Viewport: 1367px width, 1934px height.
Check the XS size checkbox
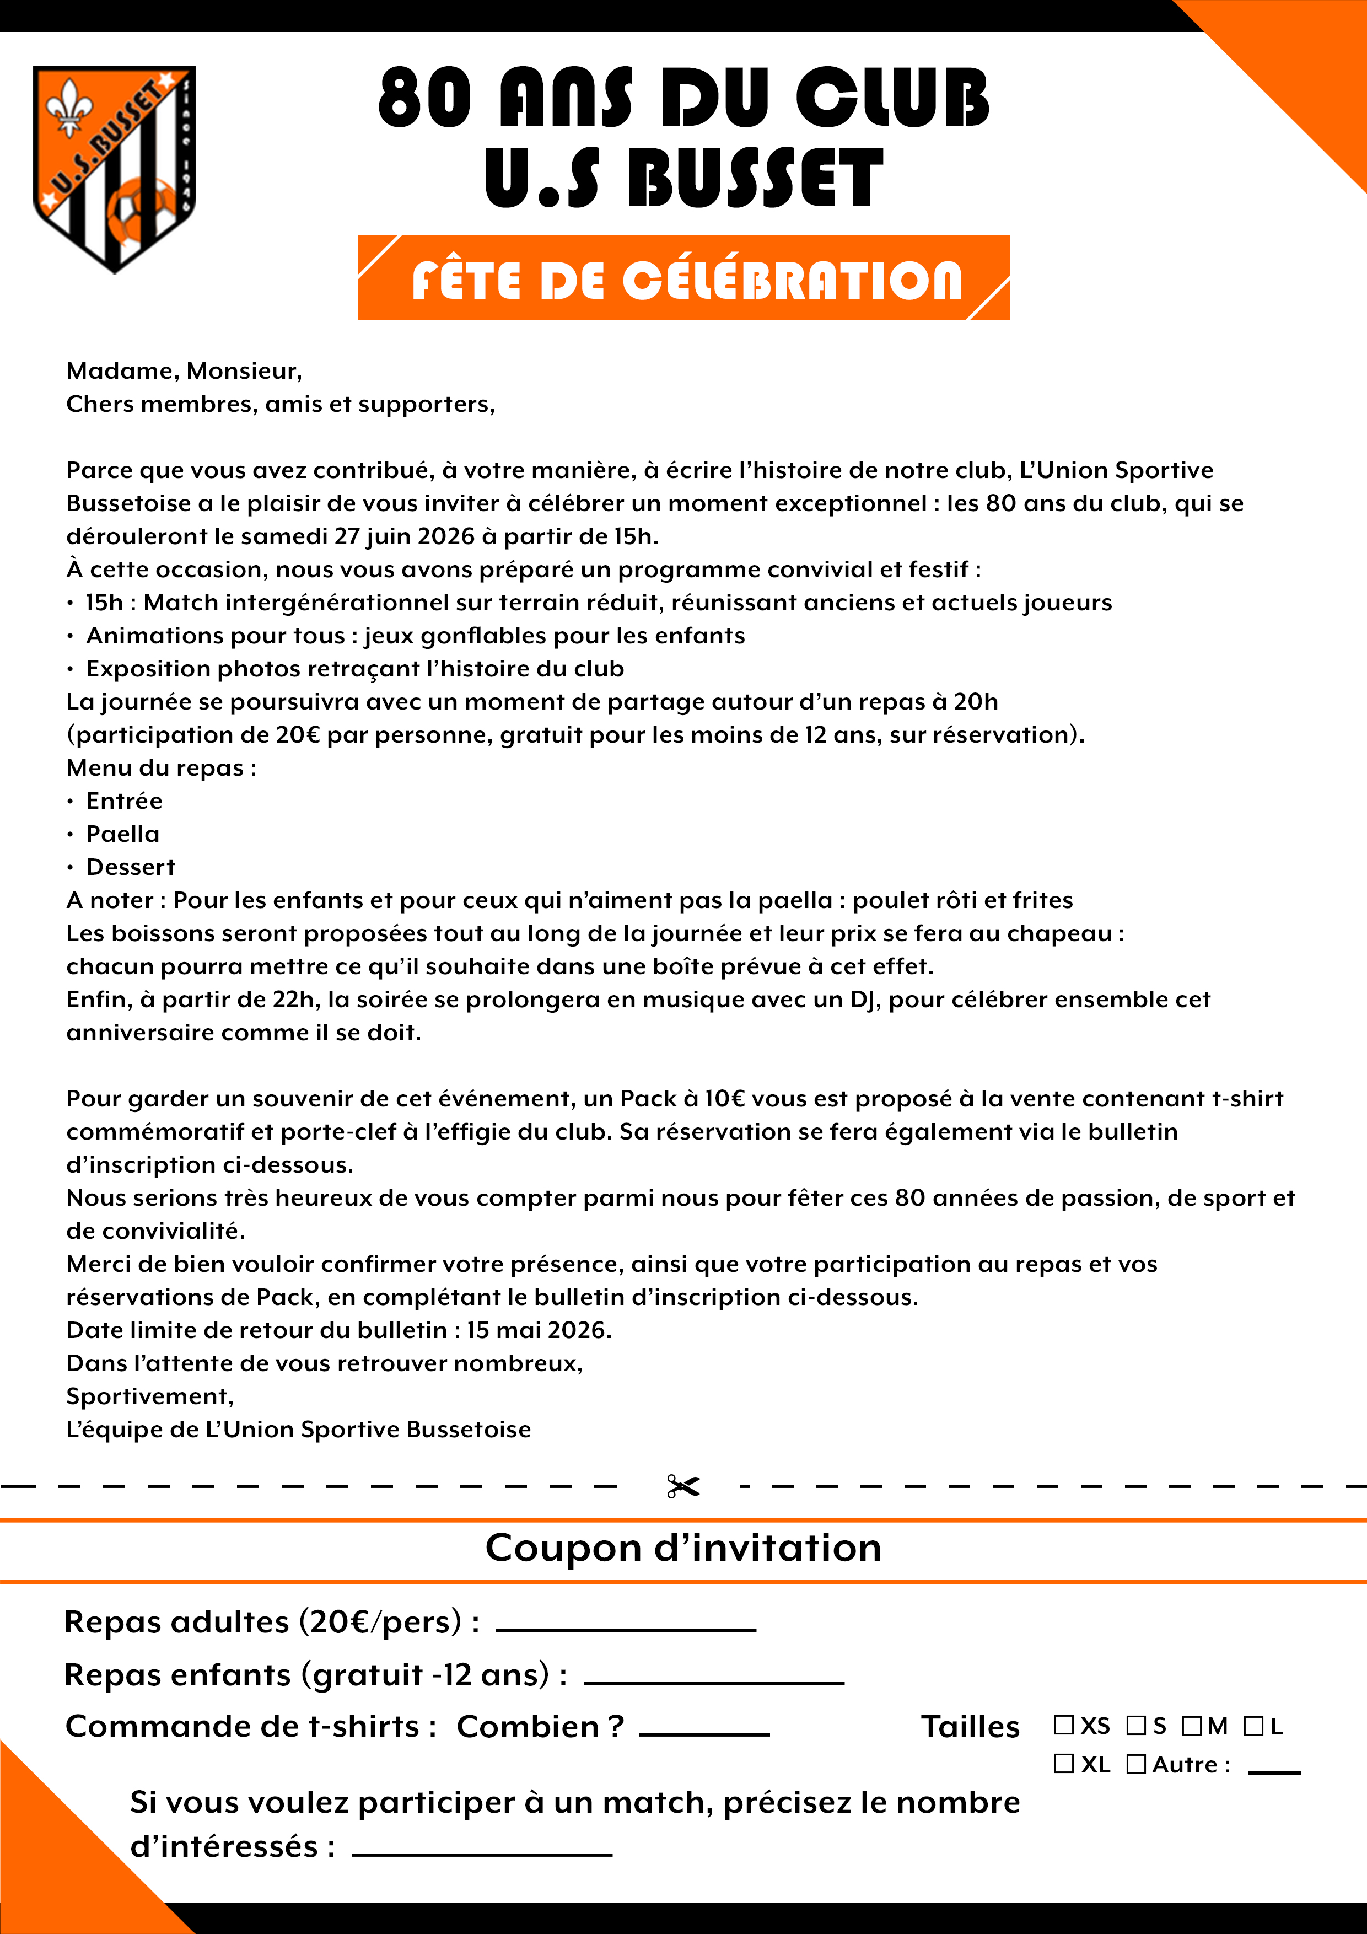[x=1064, y=1726]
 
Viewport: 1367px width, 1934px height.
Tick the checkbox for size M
[x=1191, y=1726]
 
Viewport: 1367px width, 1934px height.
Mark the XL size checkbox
[x=1064, y=1764]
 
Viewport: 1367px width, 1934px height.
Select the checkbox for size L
[x=1253, y=1726]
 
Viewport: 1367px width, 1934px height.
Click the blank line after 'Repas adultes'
[x=626, y=1629]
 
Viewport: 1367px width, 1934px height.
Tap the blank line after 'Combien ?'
[x=704, y=1733]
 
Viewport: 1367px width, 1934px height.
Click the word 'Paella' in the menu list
[x=122, y=834]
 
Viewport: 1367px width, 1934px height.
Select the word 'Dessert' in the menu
[x=131, y=867]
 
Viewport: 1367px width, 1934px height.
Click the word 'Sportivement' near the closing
[x=149, y=1396]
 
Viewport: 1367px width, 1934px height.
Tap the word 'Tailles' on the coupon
[x=970, y=1727]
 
